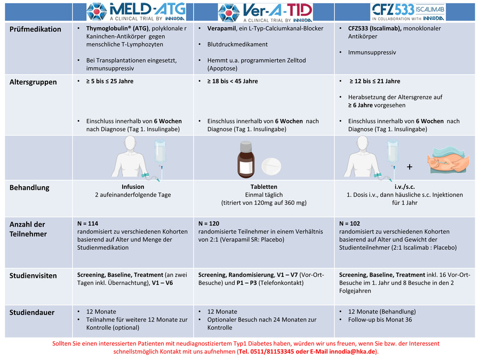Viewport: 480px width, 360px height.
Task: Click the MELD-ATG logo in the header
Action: click(x=136, y=12)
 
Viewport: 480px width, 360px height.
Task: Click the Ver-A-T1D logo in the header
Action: click(x=265, y=13)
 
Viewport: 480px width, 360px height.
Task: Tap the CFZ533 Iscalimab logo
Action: click(x=408, y=12)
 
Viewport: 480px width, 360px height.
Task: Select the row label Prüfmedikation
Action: click(x=35, y=29)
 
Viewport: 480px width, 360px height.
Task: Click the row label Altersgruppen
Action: click(x=33, y=82)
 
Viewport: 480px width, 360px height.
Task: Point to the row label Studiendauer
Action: click(x=32, y=313)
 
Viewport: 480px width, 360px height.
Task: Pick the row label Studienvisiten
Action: click(x=33, y=276)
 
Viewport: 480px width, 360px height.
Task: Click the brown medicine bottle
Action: click(x=246, y=159)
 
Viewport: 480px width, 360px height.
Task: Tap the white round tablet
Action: click(x=271, y=166)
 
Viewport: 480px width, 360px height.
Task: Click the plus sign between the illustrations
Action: click(x=410, y=167)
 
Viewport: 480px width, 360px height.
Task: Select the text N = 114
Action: click(x=87, y=223)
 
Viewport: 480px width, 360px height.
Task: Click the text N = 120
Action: click(x=209, y=223)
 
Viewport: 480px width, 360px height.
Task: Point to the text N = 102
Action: click(x=349, y=223)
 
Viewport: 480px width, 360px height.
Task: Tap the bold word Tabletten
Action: click(x=264, y=187)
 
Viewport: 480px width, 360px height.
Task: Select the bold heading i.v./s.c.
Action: click(x=405, y=187)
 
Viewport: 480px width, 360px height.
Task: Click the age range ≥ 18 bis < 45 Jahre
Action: click(x=233, y=81)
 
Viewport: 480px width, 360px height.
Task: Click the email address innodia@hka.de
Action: click(x=353, y=351)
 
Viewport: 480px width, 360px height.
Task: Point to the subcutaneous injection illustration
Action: click(x=448, y=160)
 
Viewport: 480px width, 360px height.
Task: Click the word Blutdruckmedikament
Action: click(x=237, y=44)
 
